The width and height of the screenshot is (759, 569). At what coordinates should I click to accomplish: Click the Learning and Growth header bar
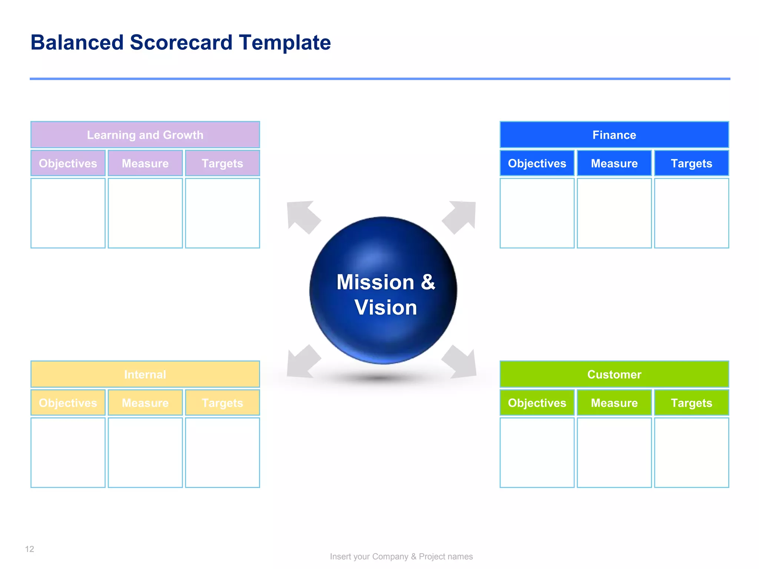(145, 135)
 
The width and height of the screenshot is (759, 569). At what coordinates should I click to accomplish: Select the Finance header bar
(614, 135)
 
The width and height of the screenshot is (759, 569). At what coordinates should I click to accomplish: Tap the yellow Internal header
(145, 374)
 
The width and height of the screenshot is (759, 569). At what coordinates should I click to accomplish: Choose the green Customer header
(614, 374)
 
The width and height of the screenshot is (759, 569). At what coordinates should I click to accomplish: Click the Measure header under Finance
(614, 163)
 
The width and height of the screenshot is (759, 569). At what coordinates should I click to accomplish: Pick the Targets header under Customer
(691, 403)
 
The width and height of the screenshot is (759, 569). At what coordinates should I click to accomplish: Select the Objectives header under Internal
(68, 403)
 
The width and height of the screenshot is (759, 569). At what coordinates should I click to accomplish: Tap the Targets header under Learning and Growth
(222, 163)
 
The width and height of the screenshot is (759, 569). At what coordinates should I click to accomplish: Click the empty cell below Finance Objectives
(537, 213)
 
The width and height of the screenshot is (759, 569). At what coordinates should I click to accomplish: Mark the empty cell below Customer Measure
(614, 452)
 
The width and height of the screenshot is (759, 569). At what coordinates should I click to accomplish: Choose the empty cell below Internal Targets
(222, 452)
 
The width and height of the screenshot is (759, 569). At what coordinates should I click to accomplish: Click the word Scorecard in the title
(181, 43)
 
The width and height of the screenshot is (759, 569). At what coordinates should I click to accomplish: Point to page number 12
(30, 549)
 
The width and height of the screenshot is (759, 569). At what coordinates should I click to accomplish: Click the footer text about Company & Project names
(401, 556)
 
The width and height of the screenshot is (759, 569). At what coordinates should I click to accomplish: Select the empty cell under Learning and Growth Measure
(145, 213)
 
